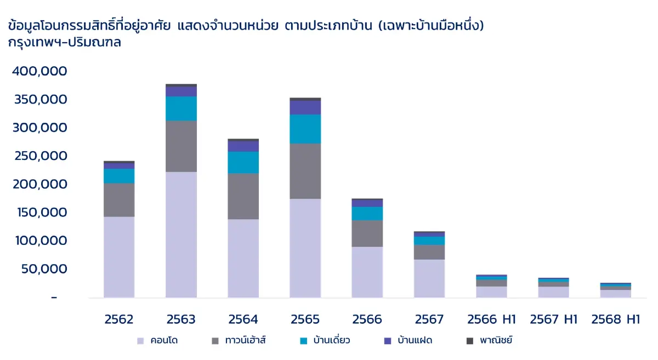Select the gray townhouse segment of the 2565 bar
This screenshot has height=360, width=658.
tap(305, 171)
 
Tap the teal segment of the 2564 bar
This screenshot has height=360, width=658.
tap(243, 162)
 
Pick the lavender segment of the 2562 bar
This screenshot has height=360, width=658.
tap(119, 257)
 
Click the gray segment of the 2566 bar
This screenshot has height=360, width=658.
tap(367, 233)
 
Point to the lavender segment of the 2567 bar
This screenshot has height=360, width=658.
tap(429, 278)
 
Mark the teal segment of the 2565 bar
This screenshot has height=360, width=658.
tap(305, 129)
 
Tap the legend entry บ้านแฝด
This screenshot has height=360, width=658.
tap(408, 341)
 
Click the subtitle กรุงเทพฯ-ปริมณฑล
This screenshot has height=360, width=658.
tap(65, 43)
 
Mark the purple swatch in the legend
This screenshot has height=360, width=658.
tap(388, 341)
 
